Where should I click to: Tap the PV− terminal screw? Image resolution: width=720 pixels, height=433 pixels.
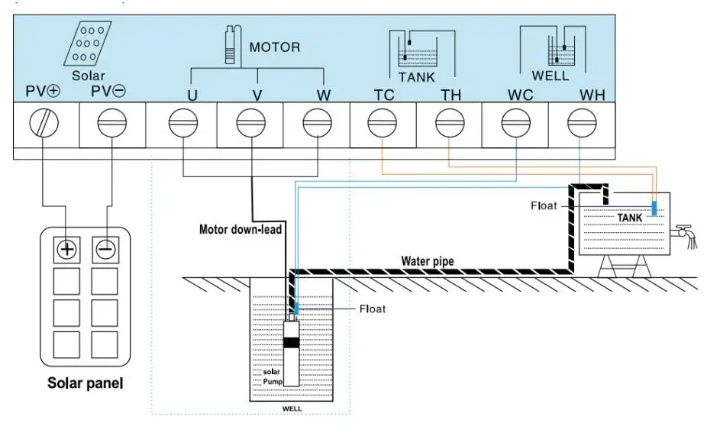[112, 122]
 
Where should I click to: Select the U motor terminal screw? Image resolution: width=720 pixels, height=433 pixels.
[182, 122]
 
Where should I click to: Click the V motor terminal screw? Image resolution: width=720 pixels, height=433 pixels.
[250, 122]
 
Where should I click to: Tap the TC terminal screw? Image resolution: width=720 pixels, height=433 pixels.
[383, 122]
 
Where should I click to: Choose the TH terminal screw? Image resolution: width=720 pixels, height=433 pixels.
[450, 122]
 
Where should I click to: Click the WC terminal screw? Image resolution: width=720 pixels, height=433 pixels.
[516, 122]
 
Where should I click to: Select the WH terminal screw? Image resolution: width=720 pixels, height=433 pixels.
[583, 122]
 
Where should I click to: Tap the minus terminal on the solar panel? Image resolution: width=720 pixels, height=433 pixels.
[105, 249]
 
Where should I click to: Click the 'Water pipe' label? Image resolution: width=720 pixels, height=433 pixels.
[428, 261]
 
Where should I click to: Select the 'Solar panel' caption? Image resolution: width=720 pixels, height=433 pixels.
[86, 383]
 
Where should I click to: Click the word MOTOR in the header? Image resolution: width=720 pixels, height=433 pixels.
[275, 47]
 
